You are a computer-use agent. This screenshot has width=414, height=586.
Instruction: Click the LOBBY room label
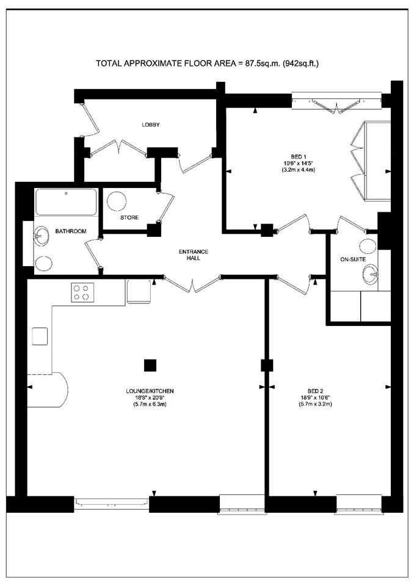click(x=151, y=125)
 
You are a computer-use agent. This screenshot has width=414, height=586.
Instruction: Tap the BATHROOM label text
click(x=71, y=231)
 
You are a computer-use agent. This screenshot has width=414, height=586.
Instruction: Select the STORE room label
click(x=129, y=217)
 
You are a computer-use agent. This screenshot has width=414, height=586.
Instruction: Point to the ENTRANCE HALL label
click(x=194, y=255)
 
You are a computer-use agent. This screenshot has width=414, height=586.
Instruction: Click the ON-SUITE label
click(x=353, y=259)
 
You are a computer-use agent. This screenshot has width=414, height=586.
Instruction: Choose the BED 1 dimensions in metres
click(x=298, y=170)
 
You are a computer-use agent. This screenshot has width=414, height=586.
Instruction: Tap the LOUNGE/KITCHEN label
click(x=150, y=391)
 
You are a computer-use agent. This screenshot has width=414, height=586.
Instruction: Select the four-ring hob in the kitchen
click(x=82, y=292)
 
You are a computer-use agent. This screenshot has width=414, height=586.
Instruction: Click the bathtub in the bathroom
click(x=66, y=202)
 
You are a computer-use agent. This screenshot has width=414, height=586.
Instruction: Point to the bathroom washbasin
click(x=41, y=236)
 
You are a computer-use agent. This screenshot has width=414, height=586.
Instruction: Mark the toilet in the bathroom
click(x=43, y=264)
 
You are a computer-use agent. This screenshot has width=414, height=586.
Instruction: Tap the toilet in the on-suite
click(x=368, y=247)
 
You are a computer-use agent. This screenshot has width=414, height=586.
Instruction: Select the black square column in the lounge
click(x=150, y=365)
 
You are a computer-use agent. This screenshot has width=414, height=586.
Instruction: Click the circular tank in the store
click(x=117, y=201)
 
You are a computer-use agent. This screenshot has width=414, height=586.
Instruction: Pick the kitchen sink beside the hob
click(x=139, y=292)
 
